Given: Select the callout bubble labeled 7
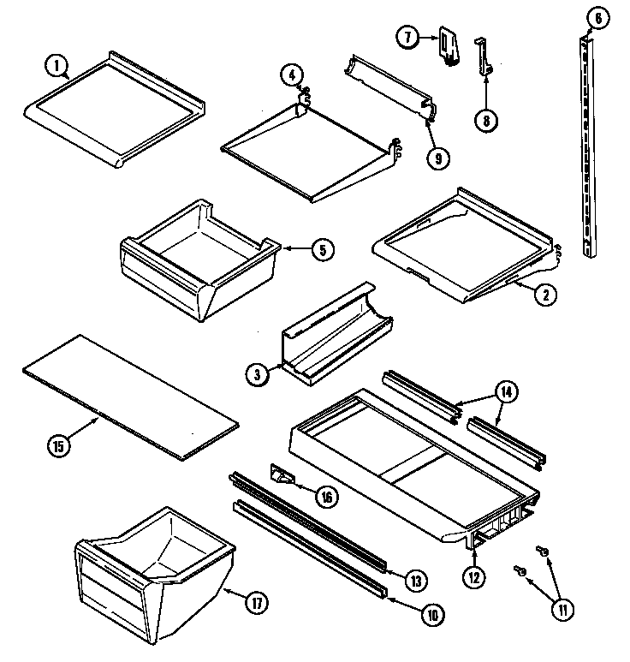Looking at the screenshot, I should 408,37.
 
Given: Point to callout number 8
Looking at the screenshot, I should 485,120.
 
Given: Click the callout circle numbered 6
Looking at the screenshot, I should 597,18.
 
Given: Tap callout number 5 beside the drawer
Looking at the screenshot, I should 322,250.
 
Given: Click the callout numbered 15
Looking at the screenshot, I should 58,444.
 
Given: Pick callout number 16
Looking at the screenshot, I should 328,496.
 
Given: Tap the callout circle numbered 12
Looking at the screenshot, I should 474,577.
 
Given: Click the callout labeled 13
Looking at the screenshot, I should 415,581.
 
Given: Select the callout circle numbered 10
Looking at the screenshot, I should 431,613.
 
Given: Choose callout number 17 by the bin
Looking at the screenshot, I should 255,602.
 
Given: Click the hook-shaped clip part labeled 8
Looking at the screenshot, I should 484,56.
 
